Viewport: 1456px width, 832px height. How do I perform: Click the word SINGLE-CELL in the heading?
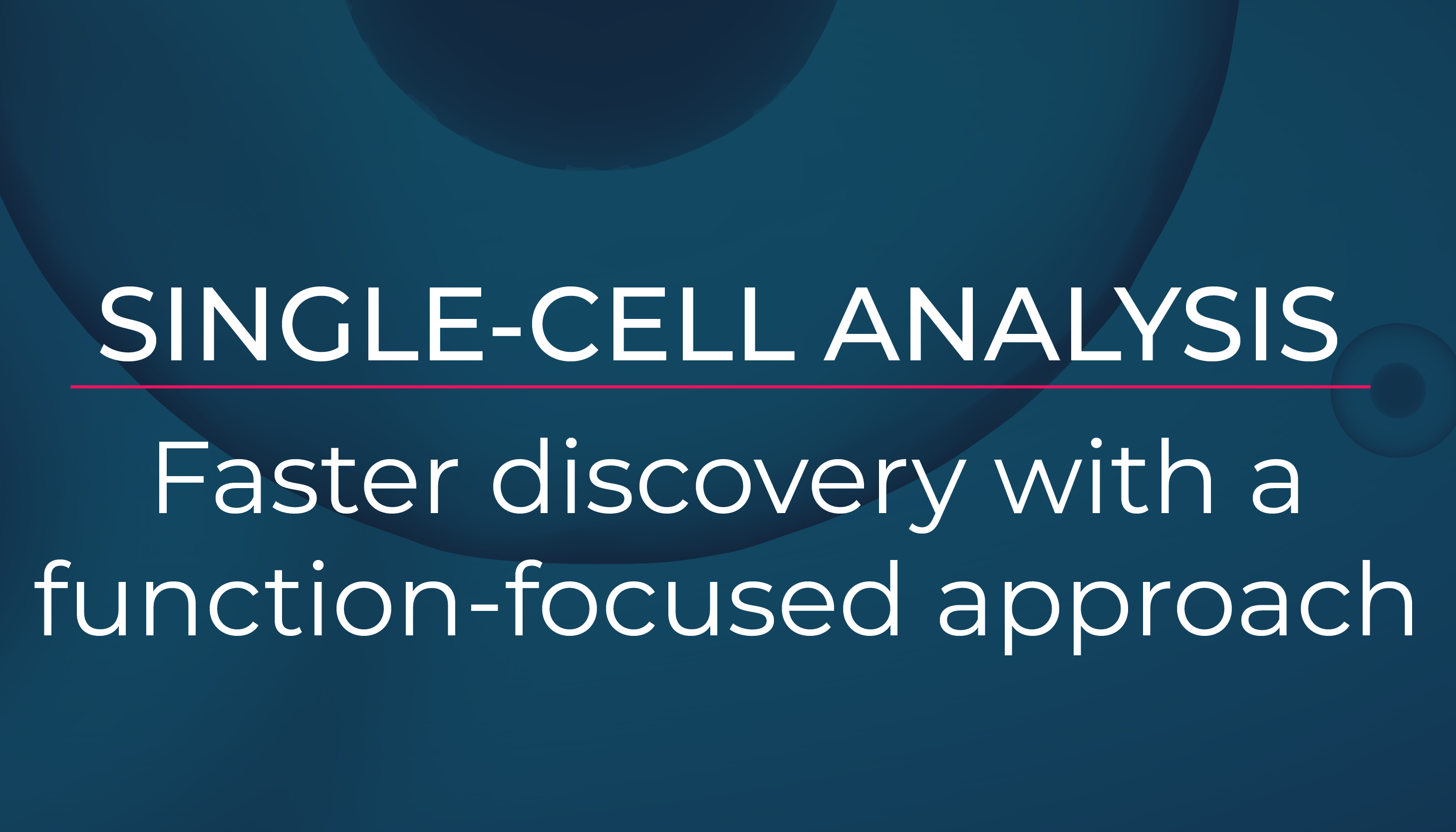coord(446,324)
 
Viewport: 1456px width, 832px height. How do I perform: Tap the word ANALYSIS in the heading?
coord(1080,324)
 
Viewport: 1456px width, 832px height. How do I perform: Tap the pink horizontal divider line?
coord(720,387)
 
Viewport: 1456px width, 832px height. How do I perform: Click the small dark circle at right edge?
coord(1398,390)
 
